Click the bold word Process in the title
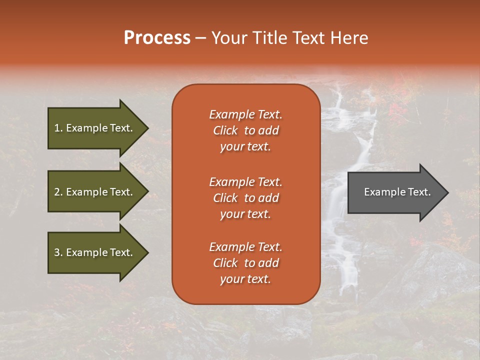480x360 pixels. [x=157, y=38]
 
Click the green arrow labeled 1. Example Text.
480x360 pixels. [x=93, y=128]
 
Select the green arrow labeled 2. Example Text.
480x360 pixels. [x=93, y=192]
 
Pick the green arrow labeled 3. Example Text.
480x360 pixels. [x=93, y=252]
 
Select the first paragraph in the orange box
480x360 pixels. [x=245, y=130]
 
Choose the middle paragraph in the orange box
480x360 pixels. [x=245, y=198]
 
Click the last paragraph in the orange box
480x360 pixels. [x=245, y=263]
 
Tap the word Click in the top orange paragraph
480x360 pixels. [x=225, y=130]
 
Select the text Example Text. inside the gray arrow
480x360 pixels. [x=397, y=192]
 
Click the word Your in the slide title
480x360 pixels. [x=229, y=38]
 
